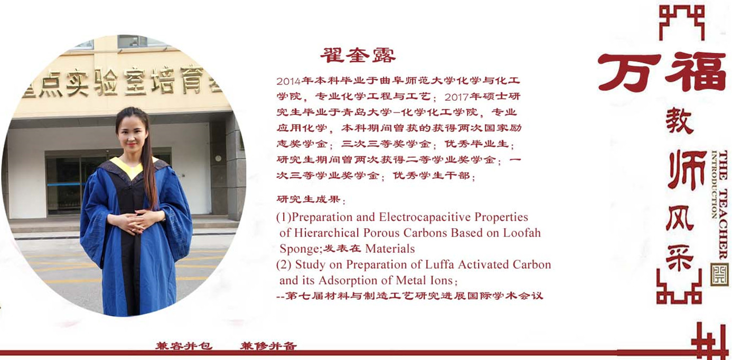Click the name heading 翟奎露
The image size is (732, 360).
pos(358,55)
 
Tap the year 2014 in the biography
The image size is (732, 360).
pos(288,81)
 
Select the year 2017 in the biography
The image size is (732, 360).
pos(456,97)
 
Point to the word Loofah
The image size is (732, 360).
pos(522,233)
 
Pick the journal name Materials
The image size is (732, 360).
pos(390,249)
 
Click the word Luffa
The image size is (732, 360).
pos(440,264)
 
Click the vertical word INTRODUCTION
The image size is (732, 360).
pos(715,185)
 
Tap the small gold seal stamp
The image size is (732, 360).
pos(719,274)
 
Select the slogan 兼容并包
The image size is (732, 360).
pos(184,346)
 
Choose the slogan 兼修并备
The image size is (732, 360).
pos(269,346)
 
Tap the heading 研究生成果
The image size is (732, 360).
pos(309,199)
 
